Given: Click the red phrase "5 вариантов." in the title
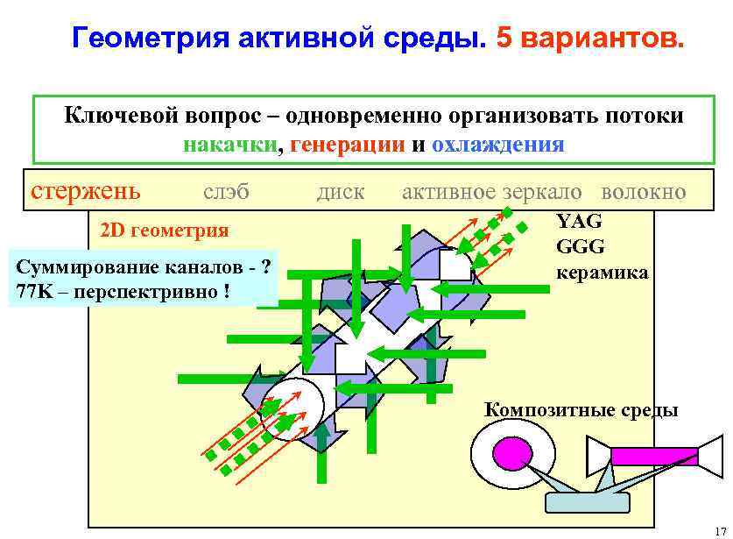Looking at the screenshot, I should click(x=586, y=39).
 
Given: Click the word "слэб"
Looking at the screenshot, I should click(x=226, y=191).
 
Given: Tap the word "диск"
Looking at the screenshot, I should click(x=340, y=191).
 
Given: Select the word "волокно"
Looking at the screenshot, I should click(x=644, y=191).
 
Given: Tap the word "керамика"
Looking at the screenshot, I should click(x=603, y=272).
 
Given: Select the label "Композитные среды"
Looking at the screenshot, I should click(x=581, y=409).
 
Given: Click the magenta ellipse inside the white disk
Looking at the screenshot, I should click(x=512, y=453).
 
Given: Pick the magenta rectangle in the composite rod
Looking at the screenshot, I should click(x=653, y=456).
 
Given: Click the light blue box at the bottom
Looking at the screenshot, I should click(x=587, y=501).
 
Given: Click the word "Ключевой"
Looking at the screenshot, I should click(x=118, y=116).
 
